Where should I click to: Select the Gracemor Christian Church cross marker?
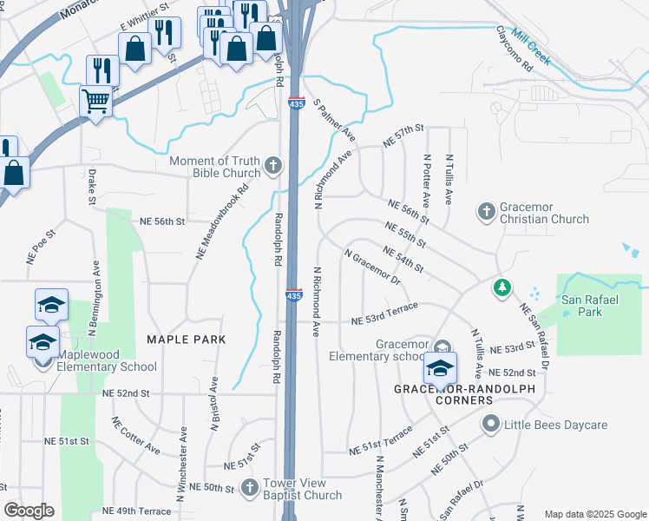(x=486, y=210)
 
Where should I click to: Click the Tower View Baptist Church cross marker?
(x=250, y=486)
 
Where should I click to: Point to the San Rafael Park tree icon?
(x=501, y=287)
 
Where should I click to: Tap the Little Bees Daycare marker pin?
(x=491, y=425)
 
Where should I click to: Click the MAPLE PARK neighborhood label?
(x=186, y=339)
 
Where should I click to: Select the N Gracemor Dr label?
(x=372, y=268)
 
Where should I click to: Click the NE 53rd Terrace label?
(x=384, y=313)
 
